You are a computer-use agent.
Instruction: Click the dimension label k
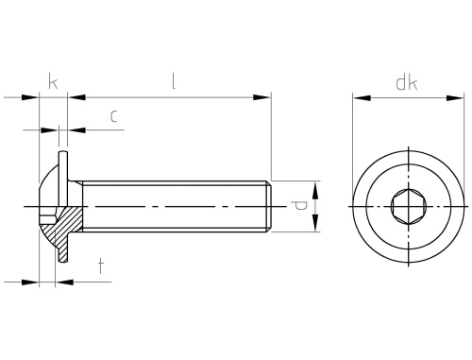[x=53, y=81]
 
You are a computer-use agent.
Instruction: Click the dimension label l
[x=174, y=81]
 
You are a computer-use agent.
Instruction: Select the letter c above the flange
[x=114, y=116]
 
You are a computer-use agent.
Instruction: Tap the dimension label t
[x=101, y=266]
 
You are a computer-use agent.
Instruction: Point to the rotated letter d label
[x=298, y=206]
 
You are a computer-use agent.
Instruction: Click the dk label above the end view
[x=407, y=83]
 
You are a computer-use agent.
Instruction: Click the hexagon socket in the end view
[x=409, y=207]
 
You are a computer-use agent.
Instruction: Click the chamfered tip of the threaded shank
[x=268, y=206]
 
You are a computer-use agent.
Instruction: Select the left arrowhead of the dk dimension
[x=362, y=98]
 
